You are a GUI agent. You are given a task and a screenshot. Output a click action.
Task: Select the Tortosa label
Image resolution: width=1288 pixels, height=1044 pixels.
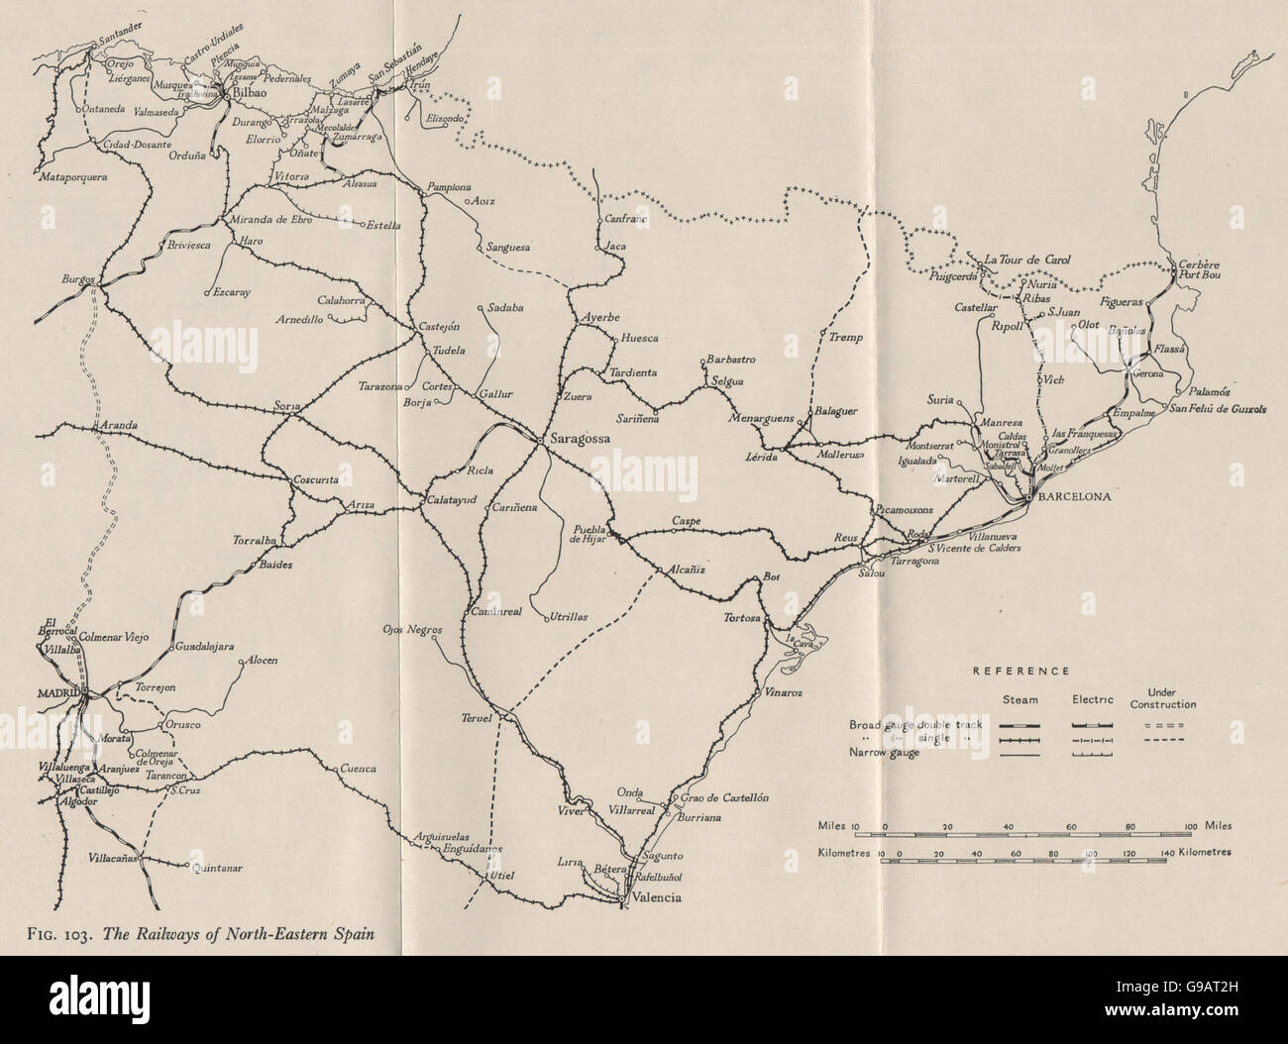[x=742, y=618]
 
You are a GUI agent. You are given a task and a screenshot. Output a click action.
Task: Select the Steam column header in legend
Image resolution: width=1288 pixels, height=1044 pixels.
[x=1019, y=700]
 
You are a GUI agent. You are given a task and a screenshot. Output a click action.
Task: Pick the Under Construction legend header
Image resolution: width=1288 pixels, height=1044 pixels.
[x=1170, y=698]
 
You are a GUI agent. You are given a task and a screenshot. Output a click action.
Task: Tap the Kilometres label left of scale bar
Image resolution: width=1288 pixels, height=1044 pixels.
[x=846, y=851]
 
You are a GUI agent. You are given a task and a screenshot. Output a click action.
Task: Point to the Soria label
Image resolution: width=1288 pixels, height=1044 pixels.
[x=284, y=406]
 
